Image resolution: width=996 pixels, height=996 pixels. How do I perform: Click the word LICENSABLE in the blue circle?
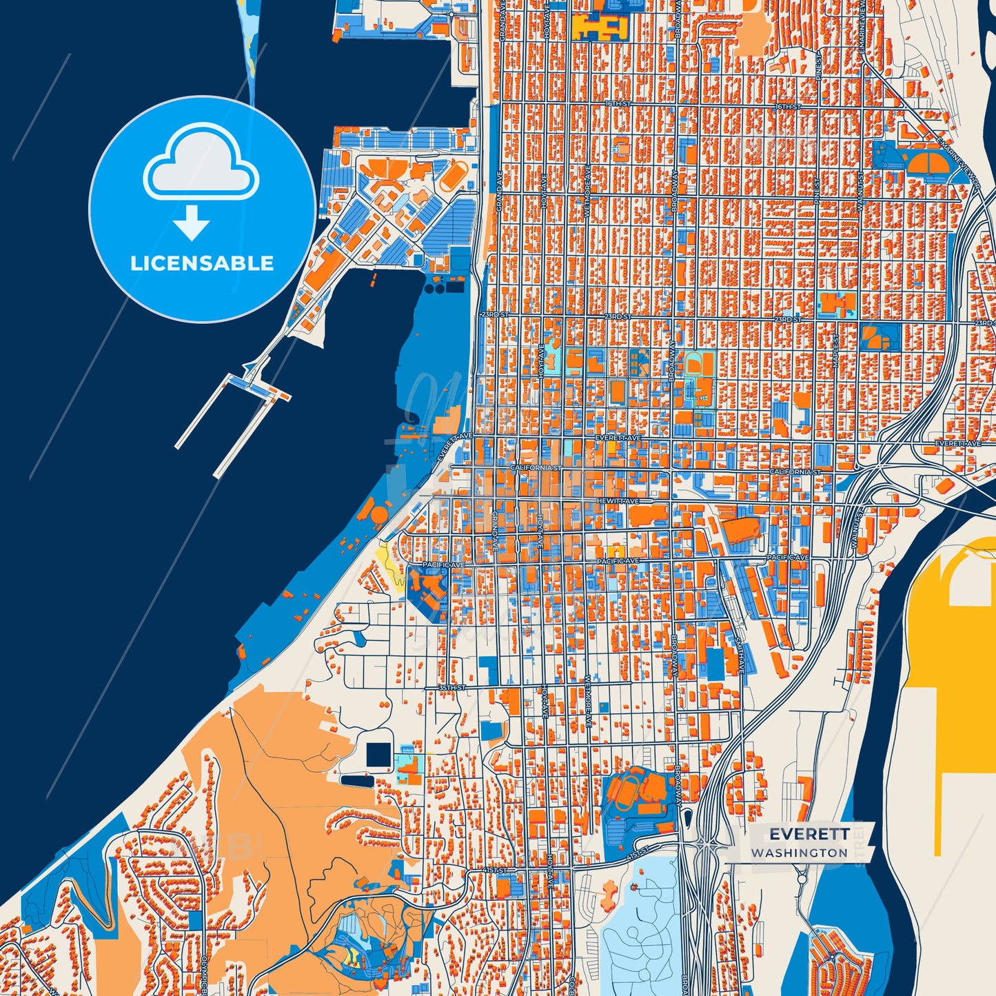[x=202, y=263]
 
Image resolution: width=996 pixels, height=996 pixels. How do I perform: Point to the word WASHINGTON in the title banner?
[x=800, y=853]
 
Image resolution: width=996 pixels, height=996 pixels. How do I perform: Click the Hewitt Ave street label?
[x=618, y=501]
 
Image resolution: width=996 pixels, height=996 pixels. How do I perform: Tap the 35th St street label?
[x=452, y=688]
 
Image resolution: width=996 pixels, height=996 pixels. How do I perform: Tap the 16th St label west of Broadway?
[x=618, y=104]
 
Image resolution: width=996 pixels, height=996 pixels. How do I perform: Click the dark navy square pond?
[x=378, y=755]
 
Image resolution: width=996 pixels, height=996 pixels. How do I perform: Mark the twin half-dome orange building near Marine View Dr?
[x=927, y=163]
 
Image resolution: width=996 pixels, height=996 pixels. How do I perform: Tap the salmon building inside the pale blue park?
[x=609, y=895]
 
